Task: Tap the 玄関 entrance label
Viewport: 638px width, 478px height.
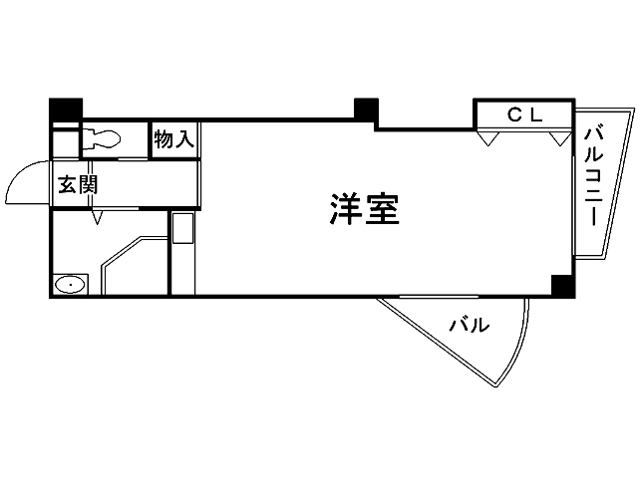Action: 76,185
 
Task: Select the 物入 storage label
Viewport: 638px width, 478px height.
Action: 173,138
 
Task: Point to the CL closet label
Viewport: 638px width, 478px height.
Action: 524,115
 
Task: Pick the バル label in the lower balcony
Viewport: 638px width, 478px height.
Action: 468,325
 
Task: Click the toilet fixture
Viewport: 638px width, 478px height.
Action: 102,138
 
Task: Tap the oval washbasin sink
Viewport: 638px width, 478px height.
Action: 70,286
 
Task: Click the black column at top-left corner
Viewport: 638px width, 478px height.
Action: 66,108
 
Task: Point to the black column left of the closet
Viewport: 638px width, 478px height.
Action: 366,109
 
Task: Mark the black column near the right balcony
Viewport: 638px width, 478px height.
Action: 563,286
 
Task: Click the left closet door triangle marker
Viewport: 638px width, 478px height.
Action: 485,138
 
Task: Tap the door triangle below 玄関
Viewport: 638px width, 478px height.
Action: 96,216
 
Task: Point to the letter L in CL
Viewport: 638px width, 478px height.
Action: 535,115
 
